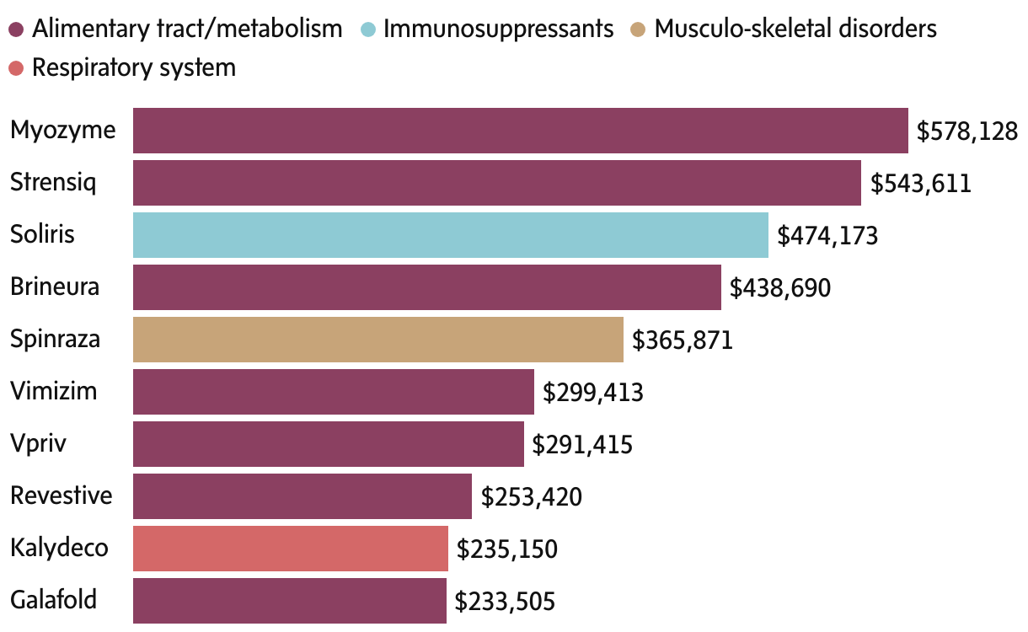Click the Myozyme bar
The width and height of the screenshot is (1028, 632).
520,131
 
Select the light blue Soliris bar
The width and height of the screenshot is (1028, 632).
450,235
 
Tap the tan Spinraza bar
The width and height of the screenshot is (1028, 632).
377,340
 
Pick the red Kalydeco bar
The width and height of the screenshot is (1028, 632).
290,549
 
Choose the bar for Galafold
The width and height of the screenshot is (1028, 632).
289,601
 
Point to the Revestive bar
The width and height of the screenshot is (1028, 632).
302,496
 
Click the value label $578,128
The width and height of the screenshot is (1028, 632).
967,131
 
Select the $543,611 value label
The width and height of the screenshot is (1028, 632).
920,184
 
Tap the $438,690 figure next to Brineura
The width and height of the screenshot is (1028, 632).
780,288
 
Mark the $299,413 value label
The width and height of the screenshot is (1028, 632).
593,393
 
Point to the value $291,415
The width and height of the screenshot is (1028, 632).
583,445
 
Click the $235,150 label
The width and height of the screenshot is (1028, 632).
507,549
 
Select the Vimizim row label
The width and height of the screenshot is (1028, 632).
54,391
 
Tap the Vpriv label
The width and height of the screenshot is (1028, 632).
39,443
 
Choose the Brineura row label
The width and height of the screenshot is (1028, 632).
55,287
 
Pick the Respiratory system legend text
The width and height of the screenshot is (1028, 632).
133,67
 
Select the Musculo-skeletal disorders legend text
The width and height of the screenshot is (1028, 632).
795,29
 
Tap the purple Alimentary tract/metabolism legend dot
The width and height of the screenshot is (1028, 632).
16,29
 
